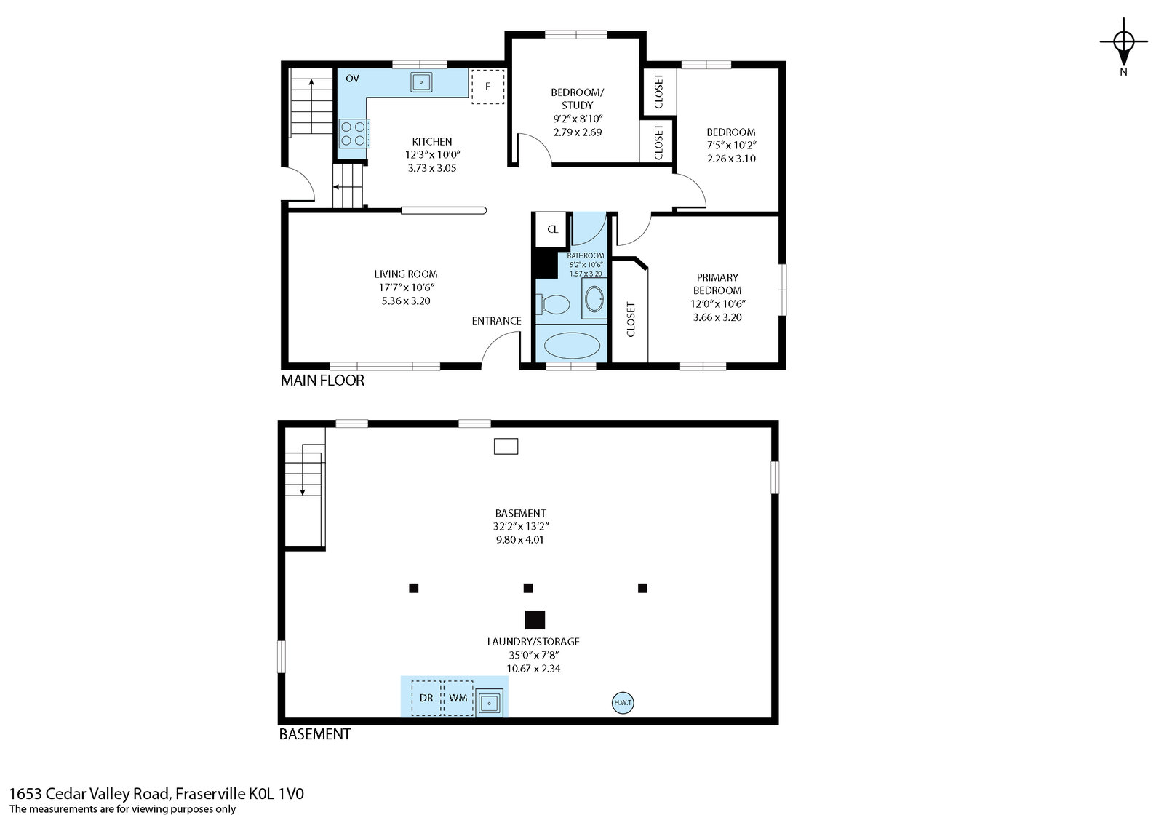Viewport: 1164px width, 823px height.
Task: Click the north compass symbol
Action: (x=1123, y=41)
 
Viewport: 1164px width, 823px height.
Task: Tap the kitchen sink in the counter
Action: (x=421, y=82)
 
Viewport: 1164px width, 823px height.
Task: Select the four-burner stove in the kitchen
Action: (x=354, y=134)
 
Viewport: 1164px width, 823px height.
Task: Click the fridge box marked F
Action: (x=488, y=87)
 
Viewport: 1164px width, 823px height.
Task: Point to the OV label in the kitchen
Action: (x=352, y=79)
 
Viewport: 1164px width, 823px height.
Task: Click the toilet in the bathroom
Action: (x=554, y=304)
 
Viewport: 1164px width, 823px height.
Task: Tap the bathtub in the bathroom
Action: (x=572, y=346)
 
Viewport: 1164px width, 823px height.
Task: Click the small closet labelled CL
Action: (x=552, y=229)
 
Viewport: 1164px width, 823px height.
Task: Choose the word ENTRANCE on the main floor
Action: (x=496, y=321)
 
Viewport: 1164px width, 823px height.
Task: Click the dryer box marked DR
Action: (x=426, y=698)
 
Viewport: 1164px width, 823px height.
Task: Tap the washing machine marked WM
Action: (x=458, y=698)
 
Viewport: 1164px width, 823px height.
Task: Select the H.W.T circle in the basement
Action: (x=623, y=703)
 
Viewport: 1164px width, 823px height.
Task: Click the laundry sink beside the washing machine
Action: (x=489, y=704)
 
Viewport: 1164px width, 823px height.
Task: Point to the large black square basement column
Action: (x=535, y=620)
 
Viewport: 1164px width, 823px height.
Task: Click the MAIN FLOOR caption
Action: (x=322, y=381)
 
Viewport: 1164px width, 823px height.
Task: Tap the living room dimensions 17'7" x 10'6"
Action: (x=407, y=287)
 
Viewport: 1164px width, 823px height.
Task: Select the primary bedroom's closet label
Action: (x=631, y=319)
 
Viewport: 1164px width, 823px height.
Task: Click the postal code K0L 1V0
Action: (x=276, y=794)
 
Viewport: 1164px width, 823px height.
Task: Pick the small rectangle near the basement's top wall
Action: (x=506, y=447)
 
